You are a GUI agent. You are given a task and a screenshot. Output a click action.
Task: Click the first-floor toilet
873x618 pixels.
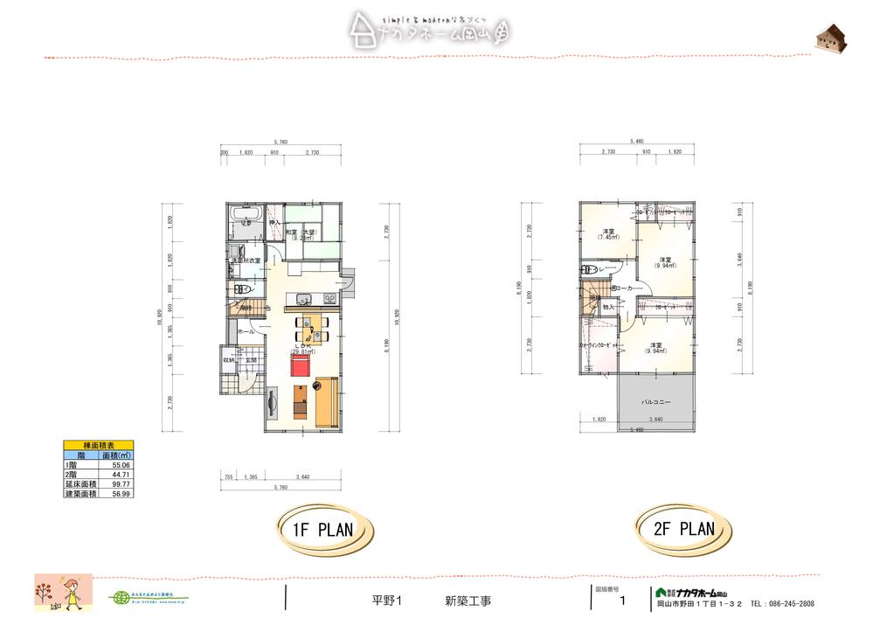pos(241,288)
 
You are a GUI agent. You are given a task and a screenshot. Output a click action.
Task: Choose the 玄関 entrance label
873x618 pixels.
pos(250,359)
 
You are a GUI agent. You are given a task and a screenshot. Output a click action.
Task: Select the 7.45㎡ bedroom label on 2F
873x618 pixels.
pos(604,233)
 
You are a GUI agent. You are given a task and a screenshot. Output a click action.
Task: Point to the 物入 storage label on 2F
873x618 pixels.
pos(609,308)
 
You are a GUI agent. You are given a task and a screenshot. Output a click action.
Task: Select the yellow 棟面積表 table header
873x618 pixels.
pos(97,446)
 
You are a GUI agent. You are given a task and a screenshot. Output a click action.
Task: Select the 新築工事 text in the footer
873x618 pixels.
pos(468,601)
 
